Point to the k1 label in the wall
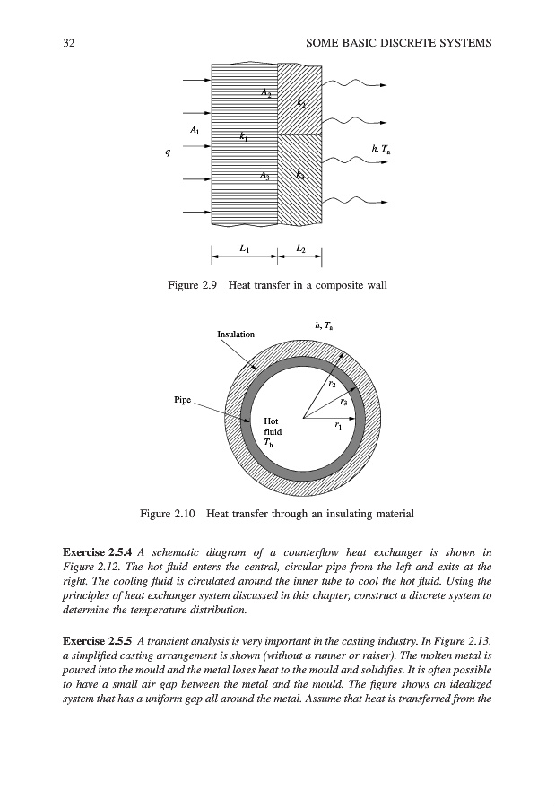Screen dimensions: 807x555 click(244, 137)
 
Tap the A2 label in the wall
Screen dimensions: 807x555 click(266, 92)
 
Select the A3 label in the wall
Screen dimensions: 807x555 click(264, 176)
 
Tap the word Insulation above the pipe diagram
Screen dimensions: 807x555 click(236, 334)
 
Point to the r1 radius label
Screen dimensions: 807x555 click(336, 426)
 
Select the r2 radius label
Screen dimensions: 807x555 click(332, 383)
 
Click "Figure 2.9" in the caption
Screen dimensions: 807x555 click(194, 286)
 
